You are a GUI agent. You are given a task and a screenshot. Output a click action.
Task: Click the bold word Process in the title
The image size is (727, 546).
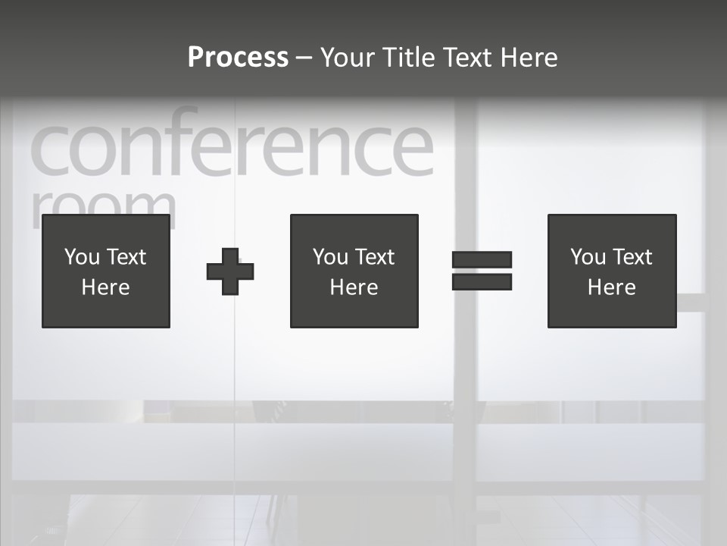coord(238,58)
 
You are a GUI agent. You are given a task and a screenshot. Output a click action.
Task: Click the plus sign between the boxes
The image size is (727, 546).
coord(230,271)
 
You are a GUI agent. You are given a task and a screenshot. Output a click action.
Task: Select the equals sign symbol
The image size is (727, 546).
coord(482,271)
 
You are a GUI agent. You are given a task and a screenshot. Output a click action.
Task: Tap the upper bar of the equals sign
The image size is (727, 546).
coord(482,259)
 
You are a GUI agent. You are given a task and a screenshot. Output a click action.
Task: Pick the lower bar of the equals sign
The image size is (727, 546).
coord(482,282)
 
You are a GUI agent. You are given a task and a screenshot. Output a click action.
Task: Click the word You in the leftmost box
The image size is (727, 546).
coord(82,257)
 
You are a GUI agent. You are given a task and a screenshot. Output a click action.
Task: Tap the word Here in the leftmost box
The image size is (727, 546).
coord(106,287)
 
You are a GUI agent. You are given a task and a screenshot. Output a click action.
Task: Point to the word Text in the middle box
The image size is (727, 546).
coord(374,257)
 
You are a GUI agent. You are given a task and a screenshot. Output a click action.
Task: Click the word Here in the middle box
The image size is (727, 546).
coord(354,287)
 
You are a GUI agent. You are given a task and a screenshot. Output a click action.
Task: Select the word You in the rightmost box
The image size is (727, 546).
coord(588,257)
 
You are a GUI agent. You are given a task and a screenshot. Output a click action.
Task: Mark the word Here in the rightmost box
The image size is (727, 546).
coord(612,287)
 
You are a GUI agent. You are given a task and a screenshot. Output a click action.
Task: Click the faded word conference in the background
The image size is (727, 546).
coord(231,147)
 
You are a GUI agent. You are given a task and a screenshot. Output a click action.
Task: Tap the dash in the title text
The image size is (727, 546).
coord(304,58)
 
